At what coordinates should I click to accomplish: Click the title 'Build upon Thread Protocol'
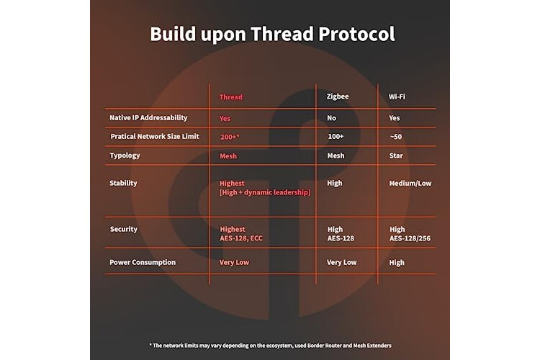(272, 34)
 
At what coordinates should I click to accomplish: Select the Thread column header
(231, 97)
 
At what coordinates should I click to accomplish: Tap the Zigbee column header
(338, 96)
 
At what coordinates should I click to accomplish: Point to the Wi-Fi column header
(397, 96)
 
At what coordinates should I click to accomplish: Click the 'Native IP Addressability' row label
(148, 118)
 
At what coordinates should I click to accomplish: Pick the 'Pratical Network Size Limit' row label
(155, 136)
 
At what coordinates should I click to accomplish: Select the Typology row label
(125, 156)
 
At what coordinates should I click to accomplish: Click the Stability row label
(123, 184)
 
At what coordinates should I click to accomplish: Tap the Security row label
(124, 229)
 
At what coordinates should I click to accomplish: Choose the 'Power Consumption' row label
(143, 263)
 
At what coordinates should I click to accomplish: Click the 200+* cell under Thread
(230, 137)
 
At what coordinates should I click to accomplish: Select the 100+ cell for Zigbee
(336, 136)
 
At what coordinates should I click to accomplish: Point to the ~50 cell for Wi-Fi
(396, 137)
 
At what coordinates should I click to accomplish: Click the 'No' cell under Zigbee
(332, 118)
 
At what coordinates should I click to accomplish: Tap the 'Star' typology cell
(396, 156)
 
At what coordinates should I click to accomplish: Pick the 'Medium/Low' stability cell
(410, 184)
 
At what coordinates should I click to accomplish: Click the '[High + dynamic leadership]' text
(265, 192)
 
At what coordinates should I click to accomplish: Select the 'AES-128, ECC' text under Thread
(241, 238)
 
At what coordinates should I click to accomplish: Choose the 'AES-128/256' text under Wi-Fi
(410, 238)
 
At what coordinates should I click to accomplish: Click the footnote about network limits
(270, 346)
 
